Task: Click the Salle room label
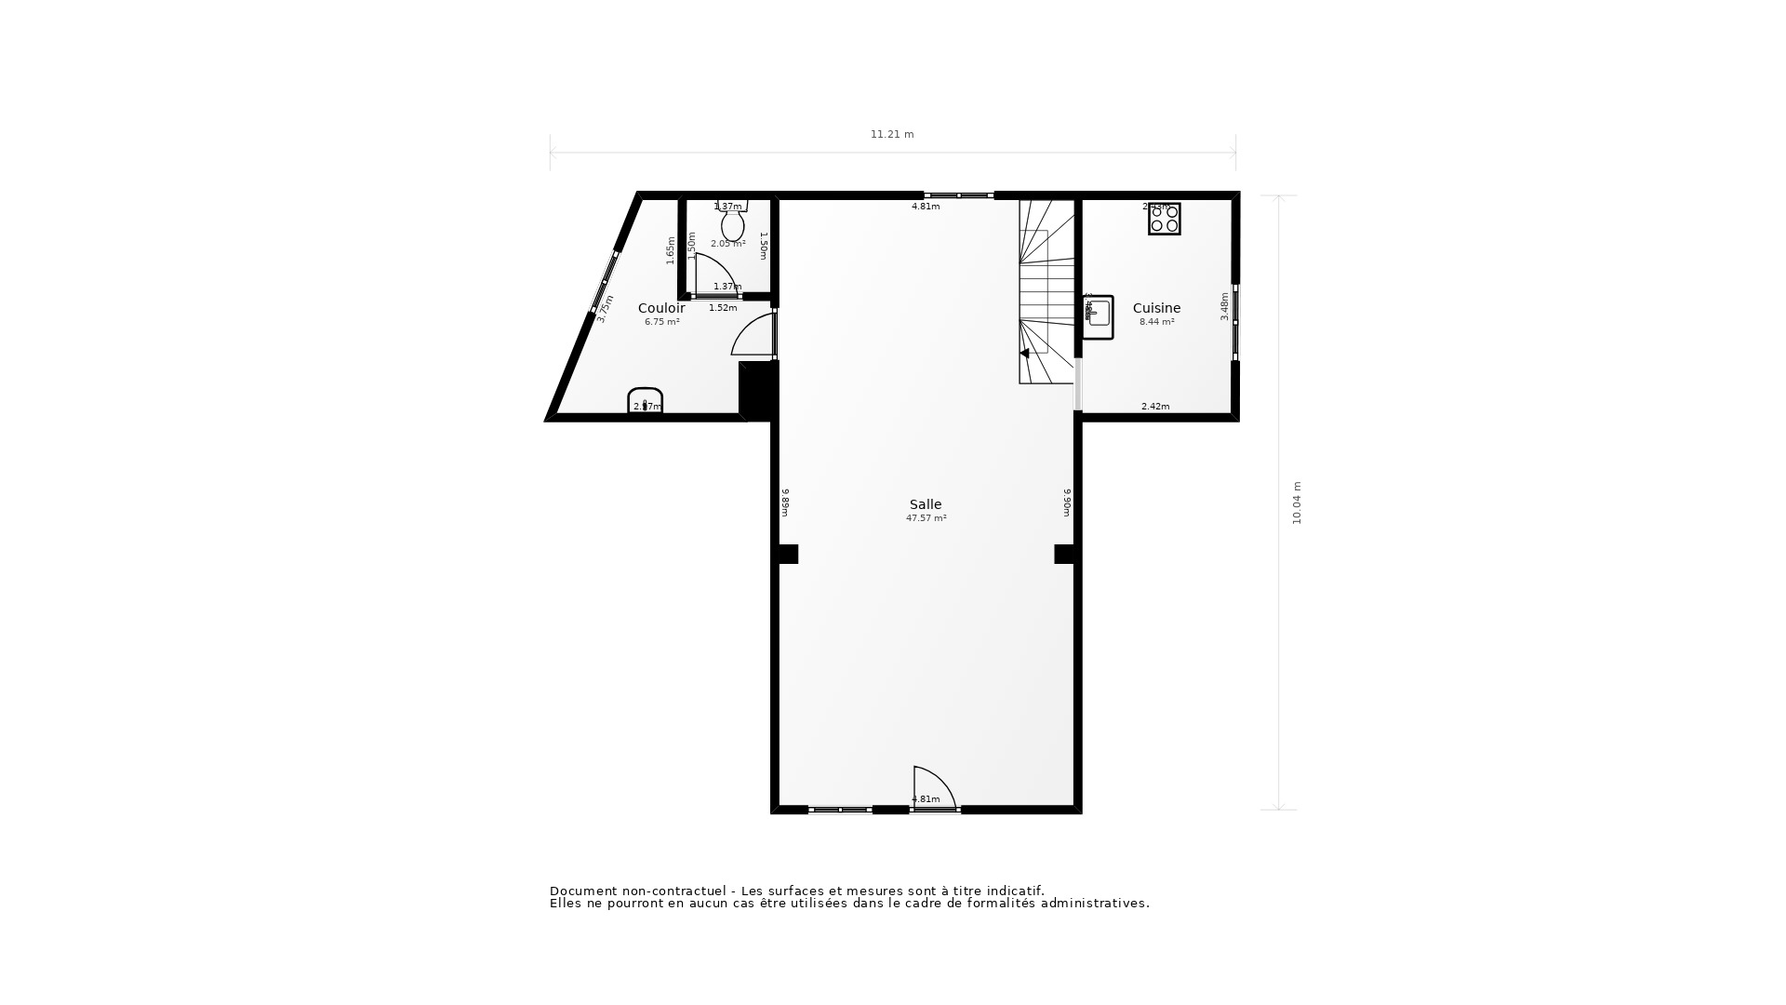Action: coord(926,504)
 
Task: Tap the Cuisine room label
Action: coord(1156,308)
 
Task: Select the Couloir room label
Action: coord(661,308)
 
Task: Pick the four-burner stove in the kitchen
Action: coord(1164,219)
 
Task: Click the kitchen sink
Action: coord(1099,316)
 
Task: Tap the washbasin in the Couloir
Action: coord(645,400)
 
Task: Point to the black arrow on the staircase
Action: coord(1024,354)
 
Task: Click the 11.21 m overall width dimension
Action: coord(892,134)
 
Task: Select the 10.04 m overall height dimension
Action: coord(1297,502)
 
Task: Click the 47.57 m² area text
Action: coord(926,518)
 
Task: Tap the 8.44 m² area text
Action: coord(1156,322)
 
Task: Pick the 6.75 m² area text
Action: coord(661,322)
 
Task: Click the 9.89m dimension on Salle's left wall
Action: coord(785,502)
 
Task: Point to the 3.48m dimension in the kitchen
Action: coord(1224,306)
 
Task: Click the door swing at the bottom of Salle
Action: coord(932,787)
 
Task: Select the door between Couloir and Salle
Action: coord(755,336)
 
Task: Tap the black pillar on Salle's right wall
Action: coord(1064,554)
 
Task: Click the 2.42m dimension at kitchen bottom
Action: coord(1155,407)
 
